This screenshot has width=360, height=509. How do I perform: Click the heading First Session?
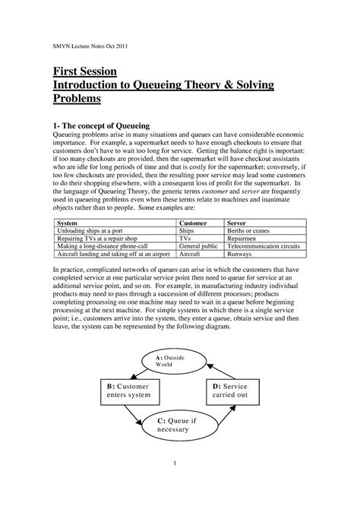pos(84,71)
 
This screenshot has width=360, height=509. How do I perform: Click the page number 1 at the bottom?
pos(175,464)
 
